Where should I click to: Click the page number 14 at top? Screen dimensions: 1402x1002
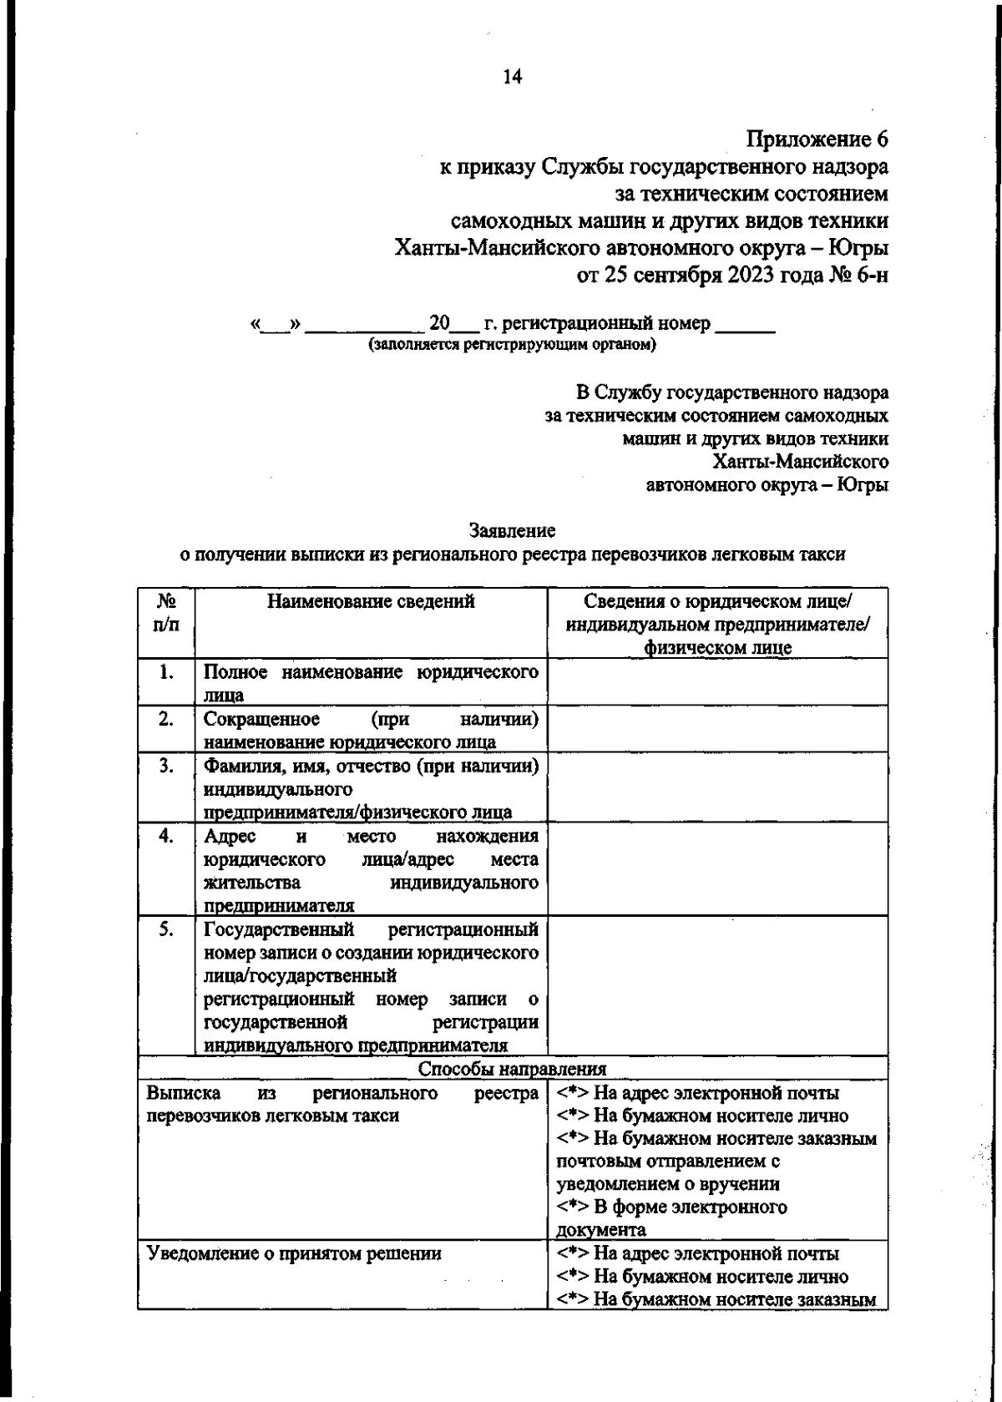coord(512,77)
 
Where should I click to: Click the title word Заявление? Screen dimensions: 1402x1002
coord(513,530)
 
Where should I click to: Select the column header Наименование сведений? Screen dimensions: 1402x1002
coord(371,601)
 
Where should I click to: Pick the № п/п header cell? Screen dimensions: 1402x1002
coord(166,612)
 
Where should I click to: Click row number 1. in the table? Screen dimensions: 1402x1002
coord(166,671)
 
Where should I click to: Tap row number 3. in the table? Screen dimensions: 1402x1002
coord(166,765)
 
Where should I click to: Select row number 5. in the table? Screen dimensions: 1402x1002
coord(166,929)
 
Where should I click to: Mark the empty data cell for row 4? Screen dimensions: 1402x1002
coord(717,870)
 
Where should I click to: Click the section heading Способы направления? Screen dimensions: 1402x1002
coord(512,1069)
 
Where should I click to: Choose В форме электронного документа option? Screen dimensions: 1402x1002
coord(672,1218)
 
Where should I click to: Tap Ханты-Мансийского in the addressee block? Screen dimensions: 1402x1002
coord(801,462)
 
